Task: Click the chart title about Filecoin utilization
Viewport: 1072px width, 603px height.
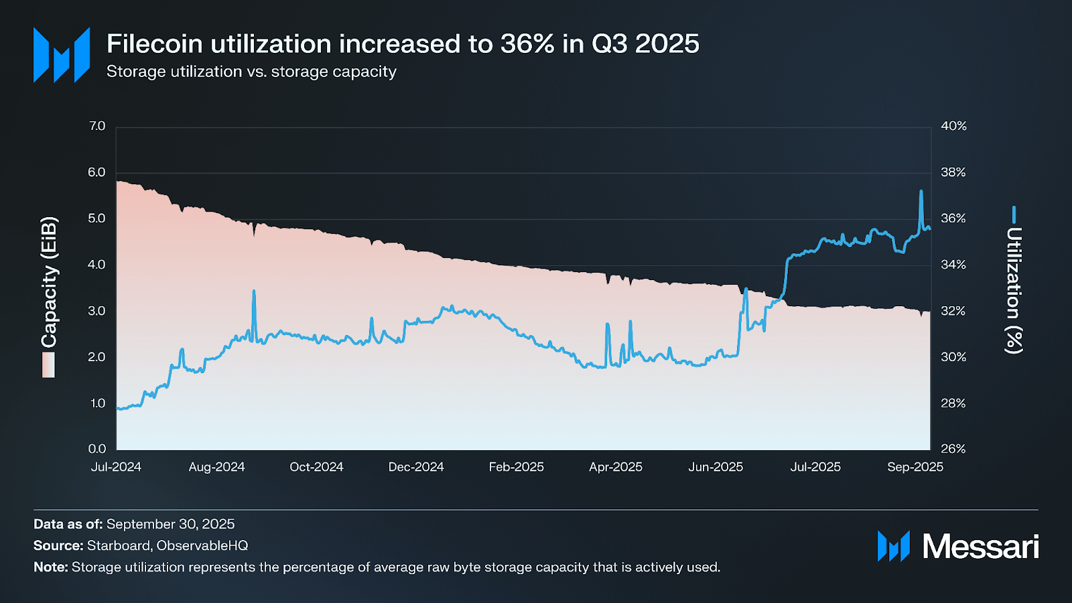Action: (x=403, y=44)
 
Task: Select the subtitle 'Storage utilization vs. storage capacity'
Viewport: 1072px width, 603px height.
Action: (x=251, y=72)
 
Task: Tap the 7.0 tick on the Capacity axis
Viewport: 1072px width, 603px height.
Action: (x=97, y=126)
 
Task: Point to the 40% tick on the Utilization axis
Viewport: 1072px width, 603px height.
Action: (x=953, y=126)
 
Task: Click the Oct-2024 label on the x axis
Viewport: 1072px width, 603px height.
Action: (x=316, y=467)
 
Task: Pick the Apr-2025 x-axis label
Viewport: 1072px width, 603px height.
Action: (x=615, y=467)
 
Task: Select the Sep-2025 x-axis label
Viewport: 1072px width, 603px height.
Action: (x=915, y=467)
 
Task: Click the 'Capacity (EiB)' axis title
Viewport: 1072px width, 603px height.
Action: (x=49, y=282)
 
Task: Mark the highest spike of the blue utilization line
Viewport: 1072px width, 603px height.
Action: (x=921, y=192)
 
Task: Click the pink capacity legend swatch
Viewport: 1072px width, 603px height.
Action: (x=48, y=365)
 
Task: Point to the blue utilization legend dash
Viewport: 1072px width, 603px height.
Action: (x=1014, y=214)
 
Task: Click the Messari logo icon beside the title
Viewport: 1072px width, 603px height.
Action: (x=62, y=55)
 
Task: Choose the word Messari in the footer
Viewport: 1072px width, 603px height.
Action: (x=980, y=547)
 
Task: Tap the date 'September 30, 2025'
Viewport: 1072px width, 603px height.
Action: (x=170, y=524)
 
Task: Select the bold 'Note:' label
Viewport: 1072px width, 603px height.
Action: (x=51, y=567)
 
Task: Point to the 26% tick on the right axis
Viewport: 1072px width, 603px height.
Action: (x=953, y=449)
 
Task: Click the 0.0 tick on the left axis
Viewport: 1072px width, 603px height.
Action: (x=97, y=449)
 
